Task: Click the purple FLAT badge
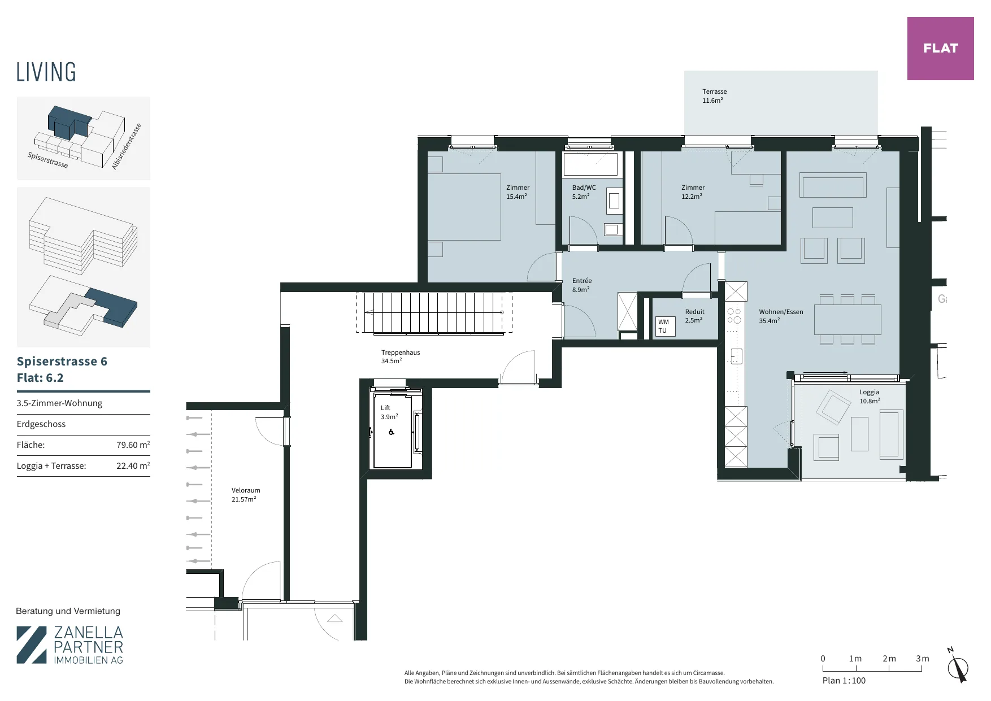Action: click(940, 49)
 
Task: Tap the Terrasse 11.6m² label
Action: click(714, 96)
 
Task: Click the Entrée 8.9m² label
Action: click(582, 285)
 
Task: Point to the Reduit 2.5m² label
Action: click(694, 316)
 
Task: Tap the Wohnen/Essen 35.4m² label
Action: click(781, 316)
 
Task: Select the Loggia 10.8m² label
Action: click(870, 397)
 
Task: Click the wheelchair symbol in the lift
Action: click(391, 432)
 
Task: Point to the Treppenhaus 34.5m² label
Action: click(400, 356)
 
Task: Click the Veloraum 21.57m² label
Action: click(245, 495)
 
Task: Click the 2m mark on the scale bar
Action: click(889, 659)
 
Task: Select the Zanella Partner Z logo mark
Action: click(32, 645)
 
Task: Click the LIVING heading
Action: click(46, 72)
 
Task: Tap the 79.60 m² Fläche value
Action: click(133, 445)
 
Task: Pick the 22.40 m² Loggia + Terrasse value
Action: click(133, 466)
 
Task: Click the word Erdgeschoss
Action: click(41, 424)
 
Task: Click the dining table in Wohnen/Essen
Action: click(847, 320)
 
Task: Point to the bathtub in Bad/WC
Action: click(590, 164)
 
